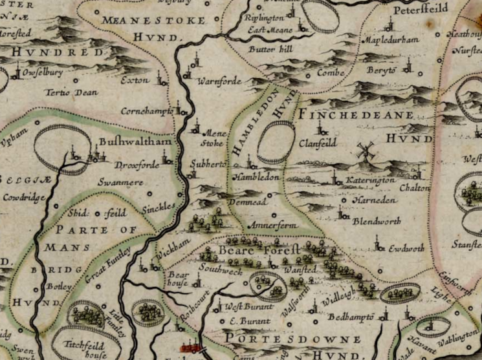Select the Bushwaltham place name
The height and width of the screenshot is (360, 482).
coord(127,140)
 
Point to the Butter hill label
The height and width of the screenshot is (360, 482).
coord(269,48)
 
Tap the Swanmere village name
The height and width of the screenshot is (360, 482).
coord(120,183)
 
